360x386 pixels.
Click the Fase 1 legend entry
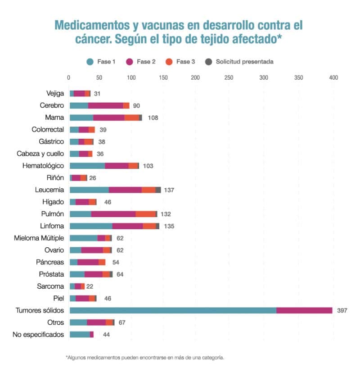click(x=101, y=62)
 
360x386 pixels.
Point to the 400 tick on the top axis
click(x=333, y=78)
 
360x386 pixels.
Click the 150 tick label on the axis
click(x=162, y=78)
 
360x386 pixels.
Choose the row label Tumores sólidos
click(x=40, y=310)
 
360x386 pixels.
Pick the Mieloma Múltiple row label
click(x=39, y=238)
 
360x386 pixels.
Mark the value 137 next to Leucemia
click(x=169, y=190)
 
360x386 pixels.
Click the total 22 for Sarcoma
click(x=90, y=286)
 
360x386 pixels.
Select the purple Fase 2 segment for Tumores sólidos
click(x=304, y=310)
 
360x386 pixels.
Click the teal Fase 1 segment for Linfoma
click(x=91, y=226)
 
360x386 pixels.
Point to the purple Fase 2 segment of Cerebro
click(x=106, y=105)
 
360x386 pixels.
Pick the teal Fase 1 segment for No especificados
click(x=80, y=335)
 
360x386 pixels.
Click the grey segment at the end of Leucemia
click(x=158, y=190)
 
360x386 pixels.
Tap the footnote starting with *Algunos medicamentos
click(x=145, y=358)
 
